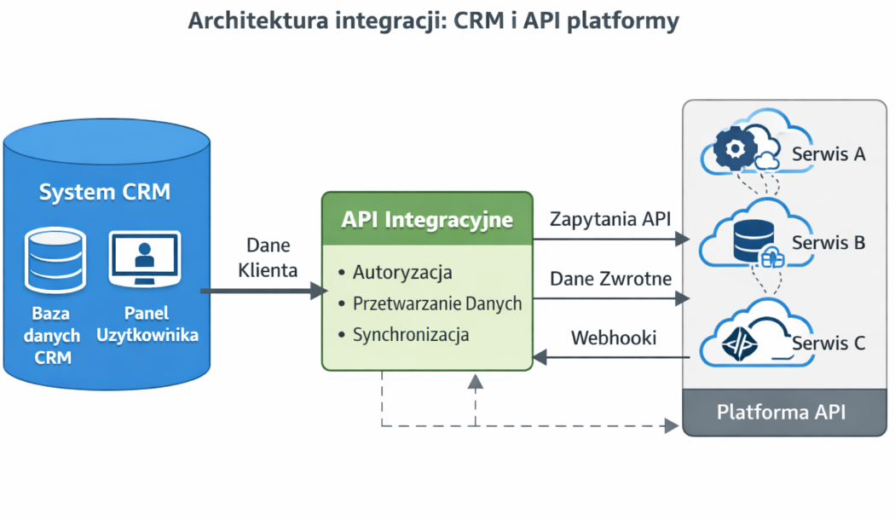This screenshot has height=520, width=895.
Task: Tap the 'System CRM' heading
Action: [x=105, y=192]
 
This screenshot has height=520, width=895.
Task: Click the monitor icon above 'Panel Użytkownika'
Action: [x=145, y=257]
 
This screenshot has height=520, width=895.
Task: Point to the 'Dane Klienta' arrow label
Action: [x=268, y=258]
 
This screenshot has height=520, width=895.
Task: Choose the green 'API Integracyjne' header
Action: [x=427, y=220]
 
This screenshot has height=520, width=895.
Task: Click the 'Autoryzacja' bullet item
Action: [x=402, y=273]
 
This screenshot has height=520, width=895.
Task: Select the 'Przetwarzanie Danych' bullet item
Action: [x=437, y=303]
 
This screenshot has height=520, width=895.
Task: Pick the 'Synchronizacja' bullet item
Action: [x=411, y=334]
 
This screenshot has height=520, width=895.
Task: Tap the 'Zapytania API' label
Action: [x=610, y=219]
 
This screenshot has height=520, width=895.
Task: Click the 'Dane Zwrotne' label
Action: [x=610, y=279]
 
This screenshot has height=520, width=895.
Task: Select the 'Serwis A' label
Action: [x=829, y=154]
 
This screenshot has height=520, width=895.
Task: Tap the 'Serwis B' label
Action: [x=829, y=243]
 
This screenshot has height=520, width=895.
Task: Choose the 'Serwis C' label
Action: [x=829, y=343]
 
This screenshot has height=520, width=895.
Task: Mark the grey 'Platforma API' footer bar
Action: [x=781, y=413]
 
